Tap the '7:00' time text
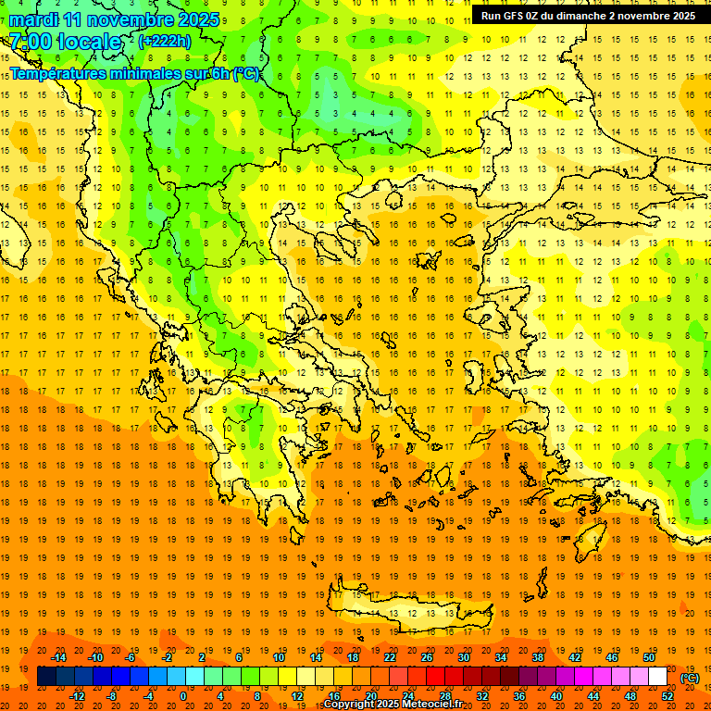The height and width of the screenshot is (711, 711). (x=30, y=42)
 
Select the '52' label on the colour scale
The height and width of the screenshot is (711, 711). (x=667, y=696)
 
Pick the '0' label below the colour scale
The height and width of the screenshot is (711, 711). (x=182, y=696)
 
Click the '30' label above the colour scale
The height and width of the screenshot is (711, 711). (x=462, y=657)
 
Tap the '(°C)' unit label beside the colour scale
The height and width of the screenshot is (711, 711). (x=690, y=678)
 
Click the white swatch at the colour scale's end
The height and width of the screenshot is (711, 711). (x=657, y=677)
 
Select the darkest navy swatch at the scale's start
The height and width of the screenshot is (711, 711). (x=46, y=677)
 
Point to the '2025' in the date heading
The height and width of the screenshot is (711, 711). (x=197, y=19)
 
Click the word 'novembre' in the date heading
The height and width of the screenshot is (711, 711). (x=131, y=19)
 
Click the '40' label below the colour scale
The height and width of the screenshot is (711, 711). (x=555, y=696)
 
